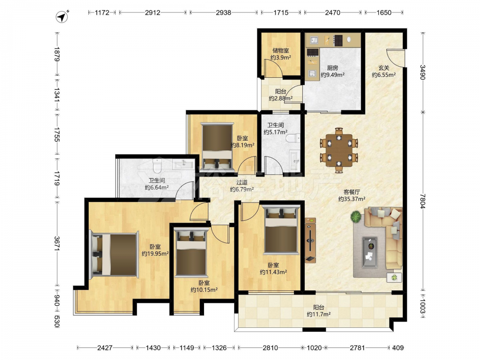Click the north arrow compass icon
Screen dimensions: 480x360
(62, 16)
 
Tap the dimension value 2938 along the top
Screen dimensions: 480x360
(224, 12)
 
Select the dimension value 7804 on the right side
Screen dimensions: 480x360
(423, 201)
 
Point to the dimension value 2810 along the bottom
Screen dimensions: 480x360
(270, 348)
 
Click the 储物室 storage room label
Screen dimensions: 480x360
(281, 50)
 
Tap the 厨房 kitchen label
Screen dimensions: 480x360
(333, 68)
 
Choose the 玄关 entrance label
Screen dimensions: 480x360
(384, 68)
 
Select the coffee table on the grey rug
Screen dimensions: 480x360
(370, 252)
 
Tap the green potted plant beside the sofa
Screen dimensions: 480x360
(356, 217)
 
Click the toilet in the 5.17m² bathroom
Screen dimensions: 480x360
(293, 138)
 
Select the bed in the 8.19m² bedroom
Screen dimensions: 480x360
(217, 146)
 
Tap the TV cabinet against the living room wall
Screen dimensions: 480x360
(310, 240)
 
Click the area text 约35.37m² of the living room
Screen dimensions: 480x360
(352, 199)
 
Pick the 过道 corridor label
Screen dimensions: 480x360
(241, 182)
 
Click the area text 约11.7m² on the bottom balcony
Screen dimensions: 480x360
(319, 314)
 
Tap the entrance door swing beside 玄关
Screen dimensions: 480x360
(395, 57)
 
